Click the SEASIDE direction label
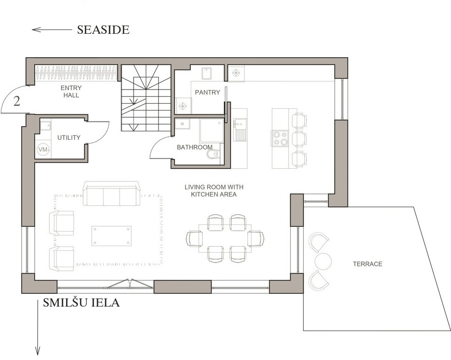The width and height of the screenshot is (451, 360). click(x=103, y=30)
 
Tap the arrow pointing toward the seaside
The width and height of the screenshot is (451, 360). click(x=52, y=30)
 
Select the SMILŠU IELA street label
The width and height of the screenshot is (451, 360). click(x=81, y=302)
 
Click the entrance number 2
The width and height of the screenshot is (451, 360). click(x=17, y=101)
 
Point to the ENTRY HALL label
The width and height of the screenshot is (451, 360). click(x=71, y=91)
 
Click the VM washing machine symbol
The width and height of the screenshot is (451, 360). click(x=43, y=150)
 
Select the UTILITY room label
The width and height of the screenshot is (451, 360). click(x=69, y=138)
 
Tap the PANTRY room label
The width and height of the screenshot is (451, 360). click(x=207, y=92)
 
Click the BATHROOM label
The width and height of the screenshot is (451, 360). click(x=195, y=147)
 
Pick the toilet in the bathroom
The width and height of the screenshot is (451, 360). click(x=214, y=154)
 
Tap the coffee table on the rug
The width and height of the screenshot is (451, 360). click(x=112, y=236)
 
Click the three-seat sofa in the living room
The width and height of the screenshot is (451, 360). click(x=111, y=193)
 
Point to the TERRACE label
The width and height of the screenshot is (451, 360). click(x=368, y=264)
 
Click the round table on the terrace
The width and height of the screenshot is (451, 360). click(x=323, y=261)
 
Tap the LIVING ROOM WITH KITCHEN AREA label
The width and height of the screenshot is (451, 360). click(x=214, y=191)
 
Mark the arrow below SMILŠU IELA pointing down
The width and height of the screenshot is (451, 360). click(x=38, y=328)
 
